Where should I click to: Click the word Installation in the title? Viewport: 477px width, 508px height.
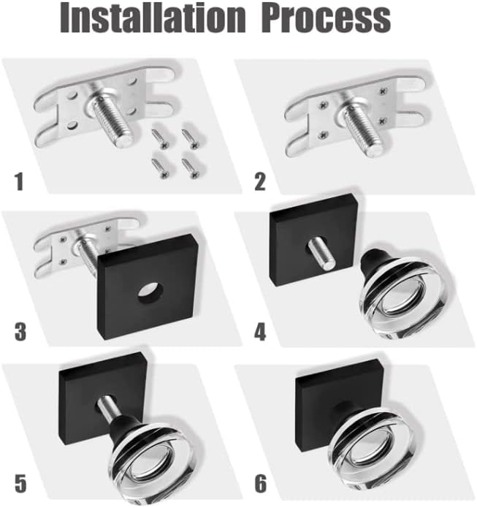point(153,17)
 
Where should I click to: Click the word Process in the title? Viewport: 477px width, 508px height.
point(327,18)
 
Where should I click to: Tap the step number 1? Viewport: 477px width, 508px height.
point(20,182)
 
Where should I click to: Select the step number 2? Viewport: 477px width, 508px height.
point(260,182)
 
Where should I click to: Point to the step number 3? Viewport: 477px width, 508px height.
point(20,332)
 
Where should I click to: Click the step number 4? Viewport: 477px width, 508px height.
point(260,332)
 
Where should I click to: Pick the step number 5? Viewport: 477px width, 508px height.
point(20,483)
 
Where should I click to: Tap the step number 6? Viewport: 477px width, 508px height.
point(261,483)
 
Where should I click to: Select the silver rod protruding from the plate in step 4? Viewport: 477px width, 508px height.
point(320,253)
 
